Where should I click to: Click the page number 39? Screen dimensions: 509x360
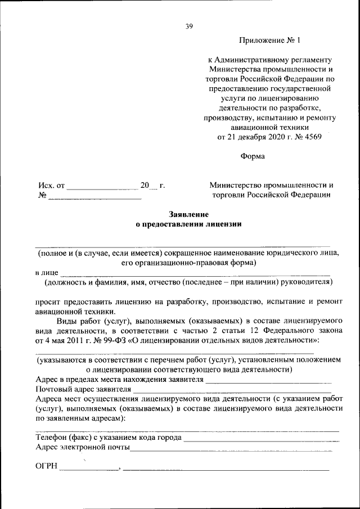(189, 26)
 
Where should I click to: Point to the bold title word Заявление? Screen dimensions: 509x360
(189, 214)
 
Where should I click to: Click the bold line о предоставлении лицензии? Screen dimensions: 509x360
(189, 224)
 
